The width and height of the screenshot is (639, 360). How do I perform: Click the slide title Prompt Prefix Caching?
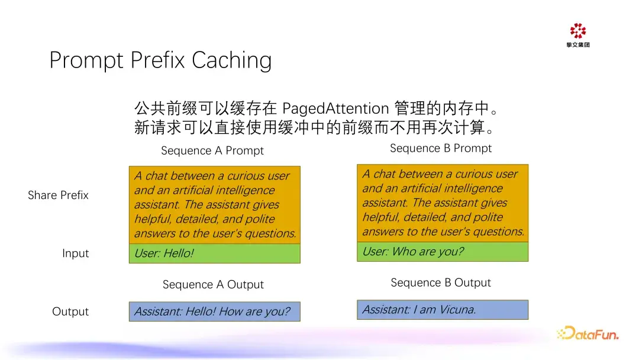click(x=160, y=60)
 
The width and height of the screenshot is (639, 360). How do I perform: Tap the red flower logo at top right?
click(x=578, y=31)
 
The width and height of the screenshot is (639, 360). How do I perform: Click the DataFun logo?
click(x=588, y=333)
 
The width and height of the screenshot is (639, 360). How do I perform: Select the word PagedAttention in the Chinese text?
click(x=335, y=109)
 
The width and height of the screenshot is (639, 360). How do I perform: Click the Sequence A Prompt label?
click(x=212, y=151)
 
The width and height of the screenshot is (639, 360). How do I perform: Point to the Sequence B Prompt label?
click(x=441, y=149)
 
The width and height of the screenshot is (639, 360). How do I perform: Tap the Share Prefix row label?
click(x=58, y=195)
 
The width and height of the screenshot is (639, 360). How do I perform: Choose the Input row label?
click(x=75, y=253)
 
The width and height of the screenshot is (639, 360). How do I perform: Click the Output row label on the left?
click(x=70, y=311)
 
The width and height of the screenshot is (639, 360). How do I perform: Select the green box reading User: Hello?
click(x=215, y=253)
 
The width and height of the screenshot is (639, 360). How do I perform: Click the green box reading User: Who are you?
click(x=443, y=252)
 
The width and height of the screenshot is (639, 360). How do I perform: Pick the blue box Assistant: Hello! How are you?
click(x=215, y=311)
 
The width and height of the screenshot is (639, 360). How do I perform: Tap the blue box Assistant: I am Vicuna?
click(x=443, y=310)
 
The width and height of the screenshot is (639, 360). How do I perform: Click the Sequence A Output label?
click(x=213, y=285)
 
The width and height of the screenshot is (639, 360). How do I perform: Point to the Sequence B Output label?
click(x=441, y=283)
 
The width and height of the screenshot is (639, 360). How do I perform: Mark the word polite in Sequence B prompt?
click(x=488, y=217)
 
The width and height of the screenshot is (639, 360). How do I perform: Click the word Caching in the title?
click(x=231, y=60)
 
